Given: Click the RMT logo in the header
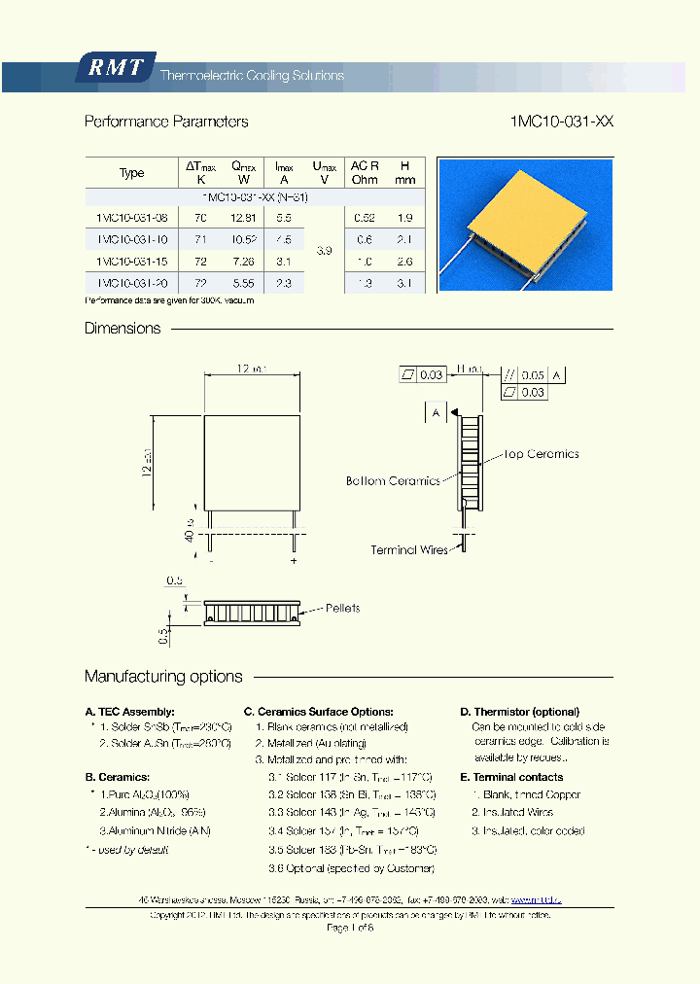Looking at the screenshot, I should [115, 68].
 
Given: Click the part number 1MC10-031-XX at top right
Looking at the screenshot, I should [561, 122].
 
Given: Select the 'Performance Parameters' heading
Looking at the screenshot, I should [166, 122].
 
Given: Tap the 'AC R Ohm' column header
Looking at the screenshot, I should [365, 173].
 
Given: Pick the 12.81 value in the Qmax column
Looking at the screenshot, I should [244, 218].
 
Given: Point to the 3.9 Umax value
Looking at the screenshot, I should [325, 251].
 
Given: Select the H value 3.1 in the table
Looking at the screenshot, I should [405, 283].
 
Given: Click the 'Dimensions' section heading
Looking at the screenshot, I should [122, 329].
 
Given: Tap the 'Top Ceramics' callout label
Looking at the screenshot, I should [542, 454].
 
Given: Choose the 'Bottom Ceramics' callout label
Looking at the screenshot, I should [393, 481].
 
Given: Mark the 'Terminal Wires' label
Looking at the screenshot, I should [408, 550].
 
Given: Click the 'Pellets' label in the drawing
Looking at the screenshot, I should [342, 609].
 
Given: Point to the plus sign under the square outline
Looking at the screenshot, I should [294, 561].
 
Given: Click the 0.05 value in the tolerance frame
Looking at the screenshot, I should [533, 375].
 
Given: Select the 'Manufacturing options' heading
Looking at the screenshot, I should [163, 677].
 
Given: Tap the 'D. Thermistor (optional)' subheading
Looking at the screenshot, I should [519, 712].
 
